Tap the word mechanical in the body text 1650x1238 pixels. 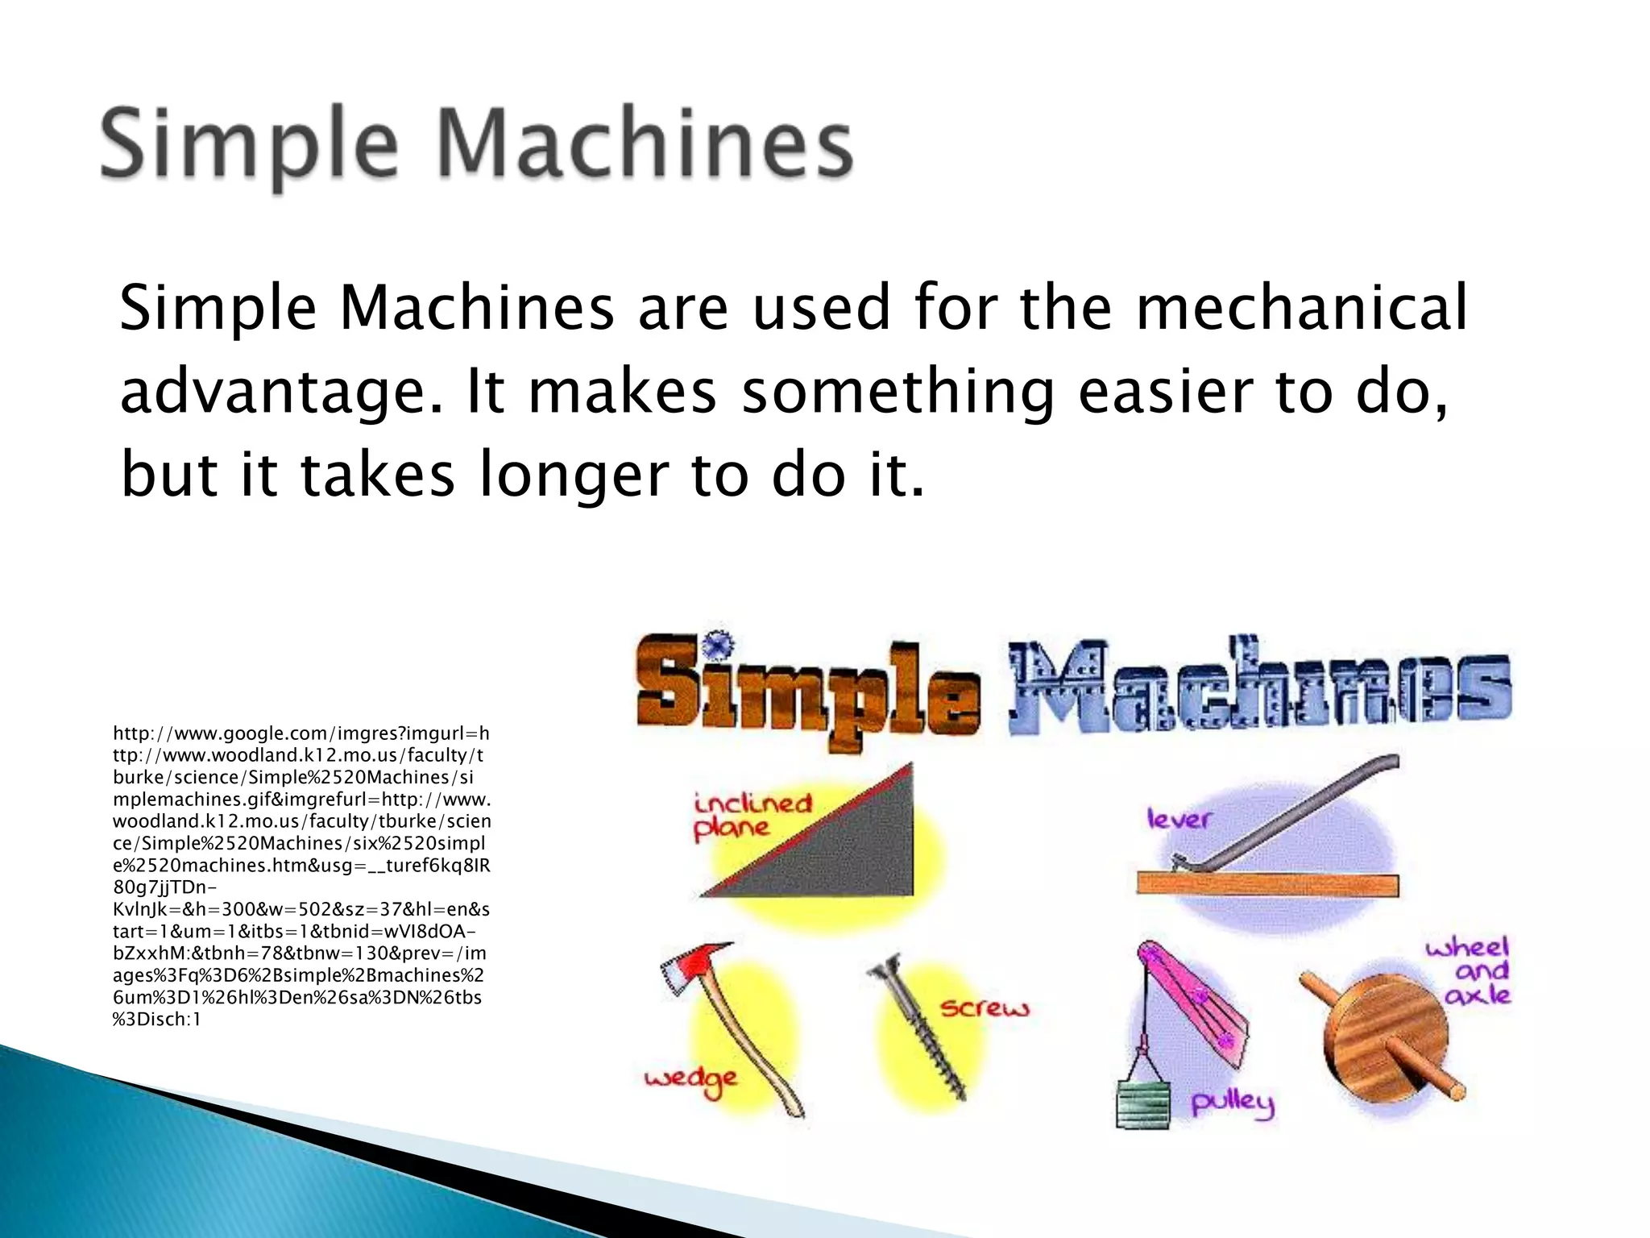pyautogui.click(x=1301, y=308)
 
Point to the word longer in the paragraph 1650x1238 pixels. pyautogui.click(x=573, y=476)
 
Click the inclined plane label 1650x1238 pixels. pyautogui.click(x=752, y=815)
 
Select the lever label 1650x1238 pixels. pyautogui.click(x=1179, y=820)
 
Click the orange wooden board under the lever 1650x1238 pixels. pyautogui.click(x=1267, y=884)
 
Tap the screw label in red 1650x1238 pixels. pyautogui.click(x=985, y=1008)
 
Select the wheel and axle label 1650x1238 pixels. pyautogui.click(x=1476, y=971)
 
